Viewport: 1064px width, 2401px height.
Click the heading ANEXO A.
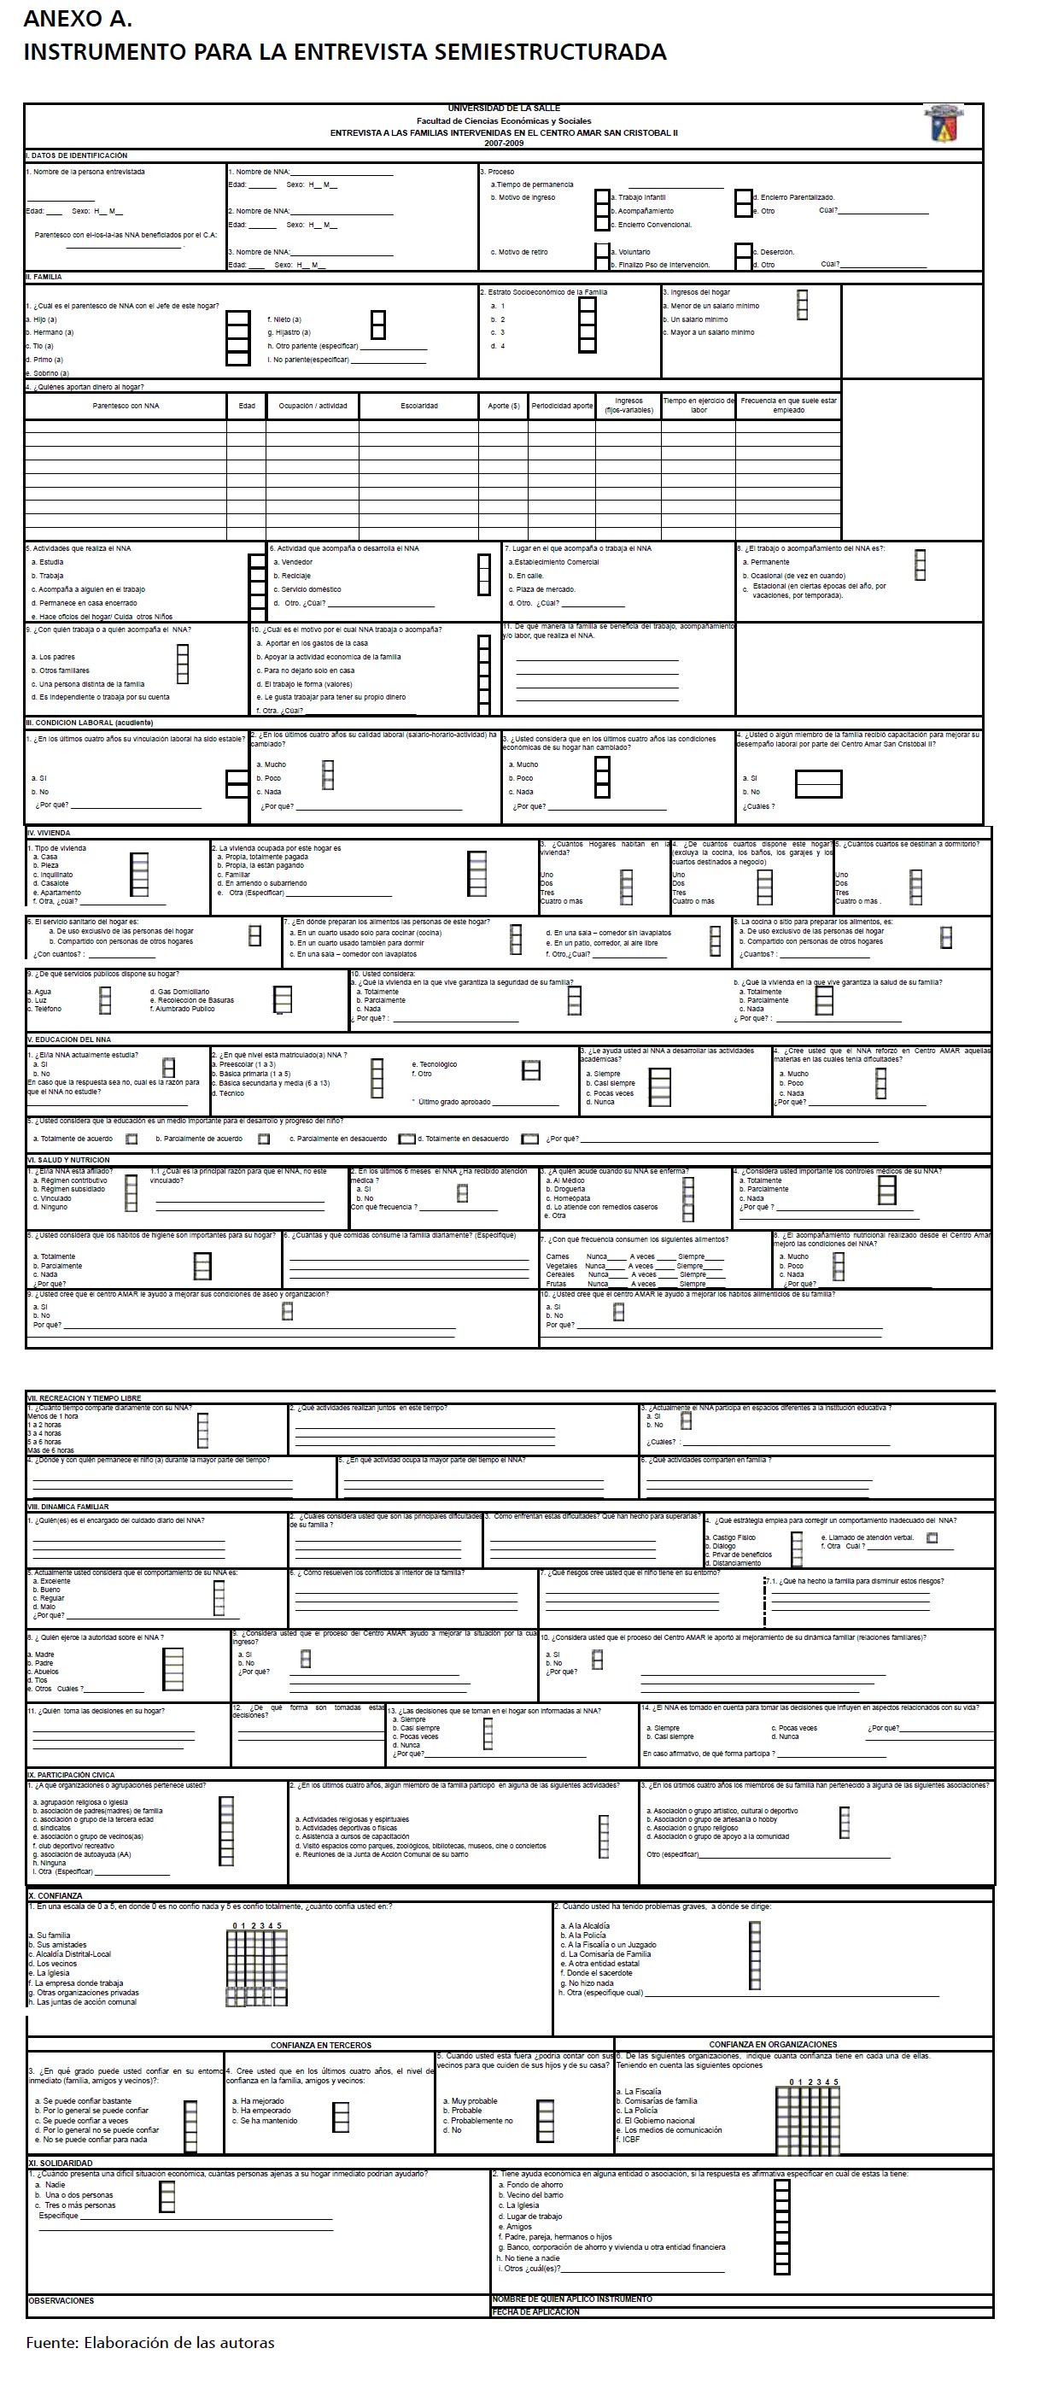click(x=78, y=19)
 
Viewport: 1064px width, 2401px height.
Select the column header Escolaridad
click(x=419, y=407)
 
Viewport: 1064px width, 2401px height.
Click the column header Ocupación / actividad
click(x=313, y=407)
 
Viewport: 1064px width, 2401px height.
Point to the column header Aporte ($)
click(x=503, y=407)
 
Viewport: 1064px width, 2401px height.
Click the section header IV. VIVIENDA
click(x=50, y=832)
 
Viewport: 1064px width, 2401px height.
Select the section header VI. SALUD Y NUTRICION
click(x=69, y=1159)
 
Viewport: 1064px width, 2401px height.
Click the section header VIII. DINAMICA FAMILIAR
click(x=69, y=1506)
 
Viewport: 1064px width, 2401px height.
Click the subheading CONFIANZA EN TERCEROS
click(x=320, y=2044)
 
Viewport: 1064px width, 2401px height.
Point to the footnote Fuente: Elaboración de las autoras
click(x=150, y=2342)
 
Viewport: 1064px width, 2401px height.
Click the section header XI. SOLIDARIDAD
click(x=61, y=2163)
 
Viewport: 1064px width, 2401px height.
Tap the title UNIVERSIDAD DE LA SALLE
click(x=503, y=109)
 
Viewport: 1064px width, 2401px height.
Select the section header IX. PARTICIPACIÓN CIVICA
click(x=71, y=1776)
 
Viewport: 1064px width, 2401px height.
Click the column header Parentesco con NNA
click(x=126, y=407)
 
